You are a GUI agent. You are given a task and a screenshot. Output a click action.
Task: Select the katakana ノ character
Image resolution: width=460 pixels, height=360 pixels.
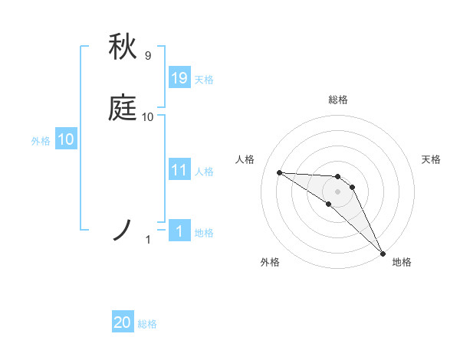click(123, 230)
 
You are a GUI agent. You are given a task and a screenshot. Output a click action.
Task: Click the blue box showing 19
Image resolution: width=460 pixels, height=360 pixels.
click(179, 77)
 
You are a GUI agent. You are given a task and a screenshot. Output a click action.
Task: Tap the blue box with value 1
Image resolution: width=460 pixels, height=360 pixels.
click(179, 231)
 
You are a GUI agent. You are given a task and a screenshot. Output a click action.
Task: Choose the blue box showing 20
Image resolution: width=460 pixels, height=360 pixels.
click(123, 322)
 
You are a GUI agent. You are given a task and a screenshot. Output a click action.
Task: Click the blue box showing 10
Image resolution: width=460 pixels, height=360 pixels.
click(66, 139)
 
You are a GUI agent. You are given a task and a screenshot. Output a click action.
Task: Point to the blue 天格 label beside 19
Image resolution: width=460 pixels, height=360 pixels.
click(204, 79)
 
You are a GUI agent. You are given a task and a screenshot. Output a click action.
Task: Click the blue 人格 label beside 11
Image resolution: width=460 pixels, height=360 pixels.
click(204, 171)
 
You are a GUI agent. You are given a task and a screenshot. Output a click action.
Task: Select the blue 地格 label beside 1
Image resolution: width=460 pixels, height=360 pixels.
click(204, 232)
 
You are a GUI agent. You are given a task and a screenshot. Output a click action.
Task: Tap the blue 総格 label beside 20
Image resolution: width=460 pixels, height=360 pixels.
click(147, 324)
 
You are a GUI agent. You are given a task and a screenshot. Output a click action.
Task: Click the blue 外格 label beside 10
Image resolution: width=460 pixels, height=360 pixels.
click(41, 141)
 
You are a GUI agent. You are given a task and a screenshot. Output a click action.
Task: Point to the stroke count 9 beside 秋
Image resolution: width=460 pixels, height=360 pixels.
click(148, 55)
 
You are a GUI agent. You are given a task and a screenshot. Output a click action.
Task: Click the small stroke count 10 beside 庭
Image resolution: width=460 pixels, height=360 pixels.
click(148, 116)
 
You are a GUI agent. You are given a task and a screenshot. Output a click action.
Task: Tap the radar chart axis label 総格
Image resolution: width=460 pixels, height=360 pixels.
click(338, 100)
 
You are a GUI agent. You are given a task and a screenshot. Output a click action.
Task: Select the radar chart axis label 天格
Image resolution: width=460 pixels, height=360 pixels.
click(431, 159)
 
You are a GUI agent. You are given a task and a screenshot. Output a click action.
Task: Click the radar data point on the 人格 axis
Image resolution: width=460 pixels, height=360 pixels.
click(279, 172)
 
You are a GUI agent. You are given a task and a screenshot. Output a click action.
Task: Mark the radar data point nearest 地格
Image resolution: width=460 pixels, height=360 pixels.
click(383, 253)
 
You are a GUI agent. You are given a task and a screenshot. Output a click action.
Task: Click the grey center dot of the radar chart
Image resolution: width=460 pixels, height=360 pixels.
click(337, 191)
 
